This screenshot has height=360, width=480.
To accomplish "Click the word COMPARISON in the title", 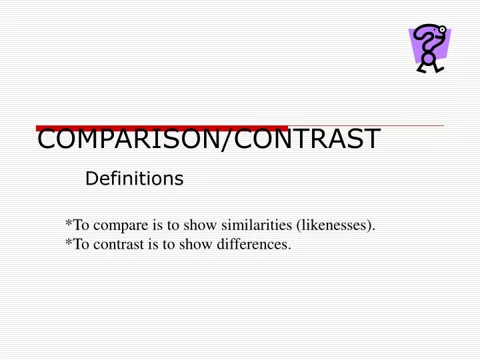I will [124, 139].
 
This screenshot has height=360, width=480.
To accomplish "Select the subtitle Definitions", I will [135, 179].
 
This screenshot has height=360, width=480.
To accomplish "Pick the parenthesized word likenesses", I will [335, 225].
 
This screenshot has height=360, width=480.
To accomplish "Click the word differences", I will [257, 244].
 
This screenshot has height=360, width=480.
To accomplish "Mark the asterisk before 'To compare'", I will [69, 224].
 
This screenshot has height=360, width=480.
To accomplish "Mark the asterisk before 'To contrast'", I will [69, 243].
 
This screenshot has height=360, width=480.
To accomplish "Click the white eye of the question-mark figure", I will [442, 29].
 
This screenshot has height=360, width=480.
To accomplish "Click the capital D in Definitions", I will [91, 179].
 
